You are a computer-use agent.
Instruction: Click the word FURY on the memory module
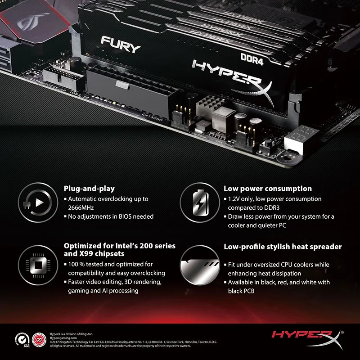121,45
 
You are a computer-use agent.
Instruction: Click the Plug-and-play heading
89,189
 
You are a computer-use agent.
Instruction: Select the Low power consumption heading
268,189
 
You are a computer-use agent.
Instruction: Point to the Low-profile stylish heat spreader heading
283,247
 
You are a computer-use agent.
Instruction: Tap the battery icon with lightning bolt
198,203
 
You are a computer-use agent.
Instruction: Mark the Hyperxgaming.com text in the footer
63,337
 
